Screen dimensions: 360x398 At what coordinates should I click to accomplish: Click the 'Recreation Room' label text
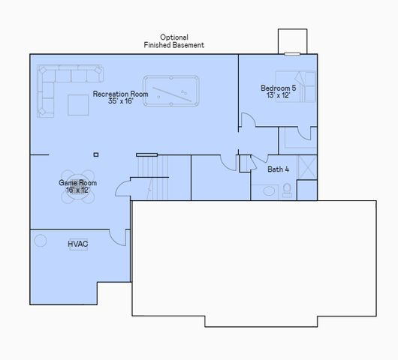120,94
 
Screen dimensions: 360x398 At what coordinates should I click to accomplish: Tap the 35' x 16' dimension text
120,101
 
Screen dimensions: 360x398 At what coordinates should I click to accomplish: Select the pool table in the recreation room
172,92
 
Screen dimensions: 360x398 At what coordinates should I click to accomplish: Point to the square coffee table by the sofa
78,106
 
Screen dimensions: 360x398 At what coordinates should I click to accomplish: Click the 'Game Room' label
78,182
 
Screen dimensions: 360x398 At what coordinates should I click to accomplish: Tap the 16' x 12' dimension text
78,190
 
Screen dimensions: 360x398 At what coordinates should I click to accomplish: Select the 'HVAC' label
78,244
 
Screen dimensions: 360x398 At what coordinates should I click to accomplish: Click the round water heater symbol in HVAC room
40,241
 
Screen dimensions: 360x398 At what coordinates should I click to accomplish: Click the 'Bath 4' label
279,169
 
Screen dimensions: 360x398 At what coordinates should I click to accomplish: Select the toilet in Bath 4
286,191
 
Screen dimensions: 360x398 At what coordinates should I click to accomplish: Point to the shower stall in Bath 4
306,168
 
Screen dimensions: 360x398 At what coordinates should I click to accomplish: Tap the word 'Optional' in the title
174,37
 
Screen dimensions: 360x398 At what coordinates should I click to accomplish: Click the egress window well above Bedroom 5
292,41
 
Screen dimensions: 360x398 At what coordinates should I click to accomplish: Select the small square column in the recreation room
95,154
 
